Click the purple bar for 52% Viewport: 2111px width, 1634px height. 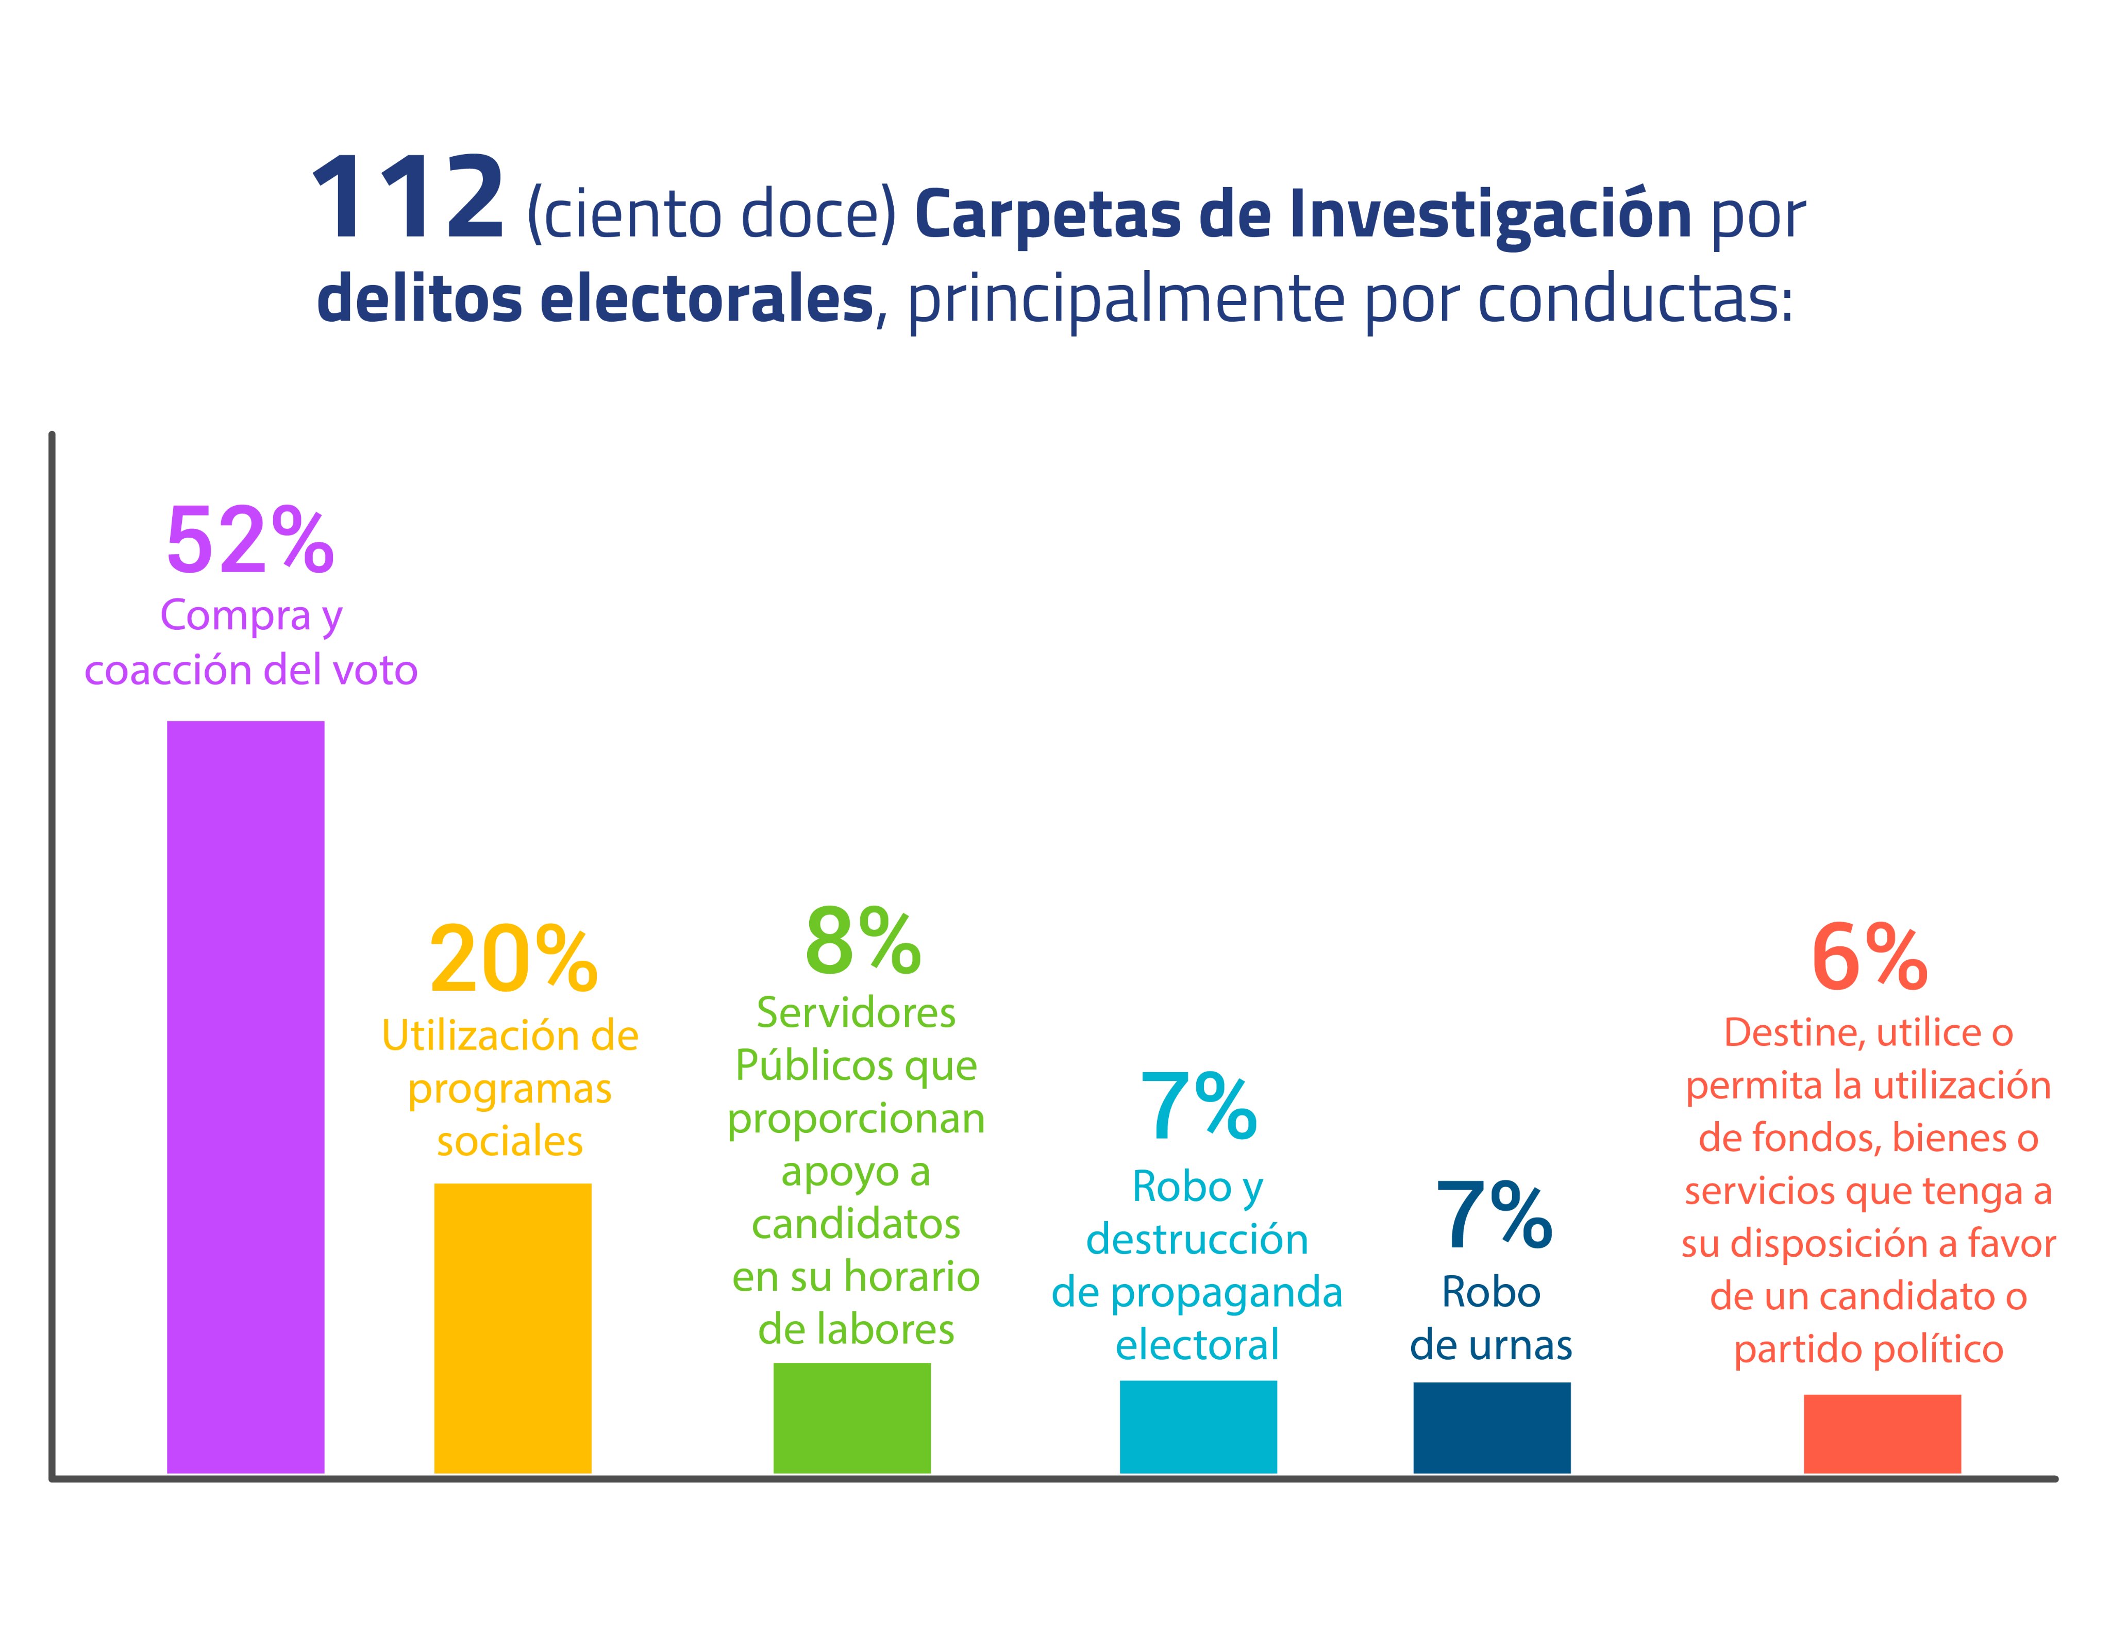[245, 1097]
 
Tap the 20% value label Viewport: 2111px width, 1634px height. [513, 960]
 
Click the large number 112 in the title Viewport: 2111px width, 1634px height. [407, 200]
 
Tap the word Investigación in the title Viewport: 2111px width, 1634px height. [1489, 214]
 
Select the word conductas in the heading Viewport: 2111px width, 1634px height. [1634, 299]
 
